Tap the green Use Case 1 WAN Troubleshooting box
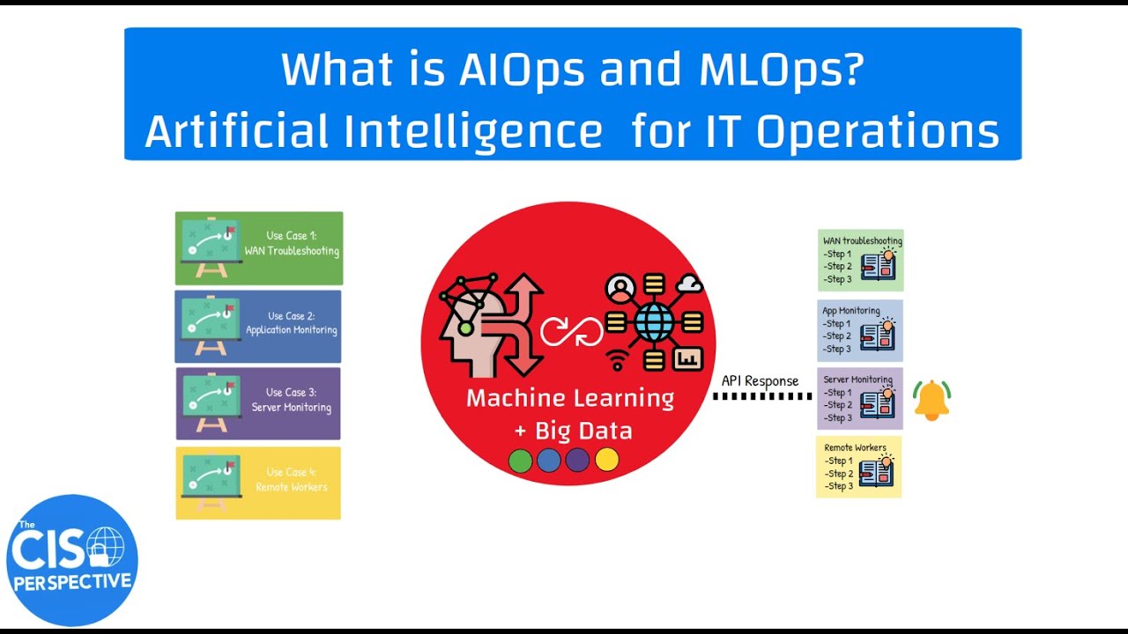259,248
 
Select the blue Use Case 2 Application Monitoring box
258,327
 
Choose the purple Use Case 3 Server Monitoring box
258,404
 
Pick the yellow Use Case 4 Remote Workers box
258,483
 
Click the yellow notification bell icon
931,401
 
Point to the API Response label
760,381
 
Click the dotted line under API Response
761,397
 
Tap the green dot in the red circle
521,461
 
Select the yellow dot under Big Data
606,460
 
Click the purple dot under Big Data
577,461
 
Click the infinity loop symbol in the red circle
572,331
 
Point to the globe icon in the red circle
653,322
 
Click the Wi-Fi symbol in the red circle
620,359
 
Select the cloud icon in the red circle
690,284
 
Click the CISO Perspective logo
72,560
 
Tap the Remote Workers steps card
859,467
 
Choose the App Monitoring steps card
860,330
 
